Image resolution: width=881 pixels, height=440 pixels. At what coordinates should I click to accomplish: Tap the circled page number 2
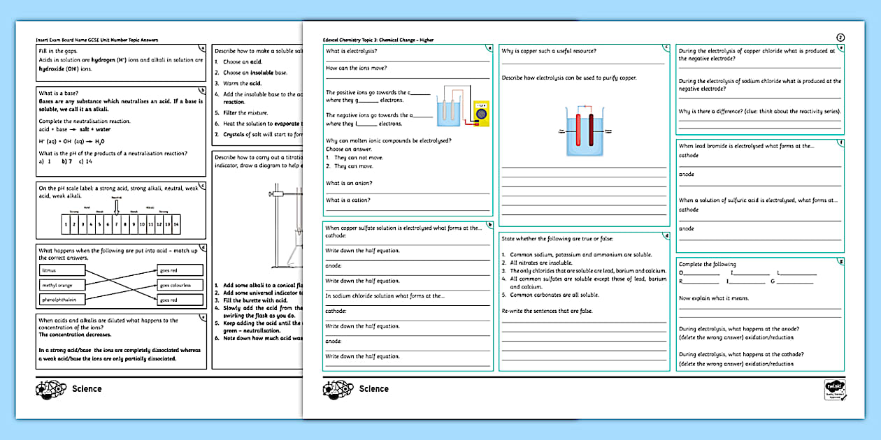click(840, 38)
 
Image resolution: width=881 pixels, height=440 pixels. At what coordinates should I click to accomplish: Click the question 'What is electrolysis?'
click(351, 51)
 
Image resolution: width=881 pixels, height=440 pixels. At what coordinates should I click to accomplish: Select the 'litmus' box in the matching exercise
click(62, 270)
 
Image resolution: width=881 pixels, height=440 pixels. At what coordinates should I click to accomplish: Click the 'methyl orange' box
click(62, 285)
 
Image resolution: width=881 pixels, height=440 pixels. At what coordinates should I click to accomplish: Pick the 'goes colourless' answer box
click(180, 285)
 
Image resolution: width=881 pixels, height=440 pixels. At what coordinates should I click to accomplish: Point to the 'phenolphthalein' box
click(62, 300)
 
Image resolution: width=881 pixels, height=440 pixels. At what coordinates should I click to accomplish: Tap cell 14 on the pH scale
click(177, 224)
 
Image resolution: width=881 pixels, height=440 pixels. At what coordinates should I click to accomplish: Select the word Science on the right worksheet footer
click(373, 389)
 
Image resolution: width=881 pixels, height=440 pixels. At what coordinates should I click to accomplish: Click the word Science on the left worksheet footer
click(87, 389)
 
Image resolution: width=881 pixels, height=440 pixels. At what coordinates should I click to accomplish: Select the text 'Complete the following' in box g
click(707, 264)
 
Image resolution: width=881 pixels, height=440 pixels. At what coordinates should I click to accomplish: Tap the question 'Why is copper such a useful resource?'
click(549, 51)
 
